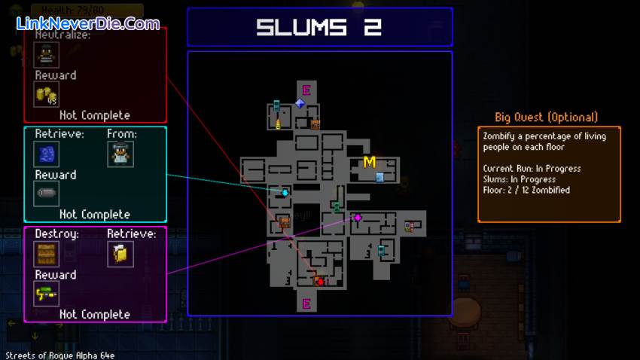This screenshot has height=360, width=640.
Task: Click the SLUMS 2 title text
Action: pyautogui.click(x=319, y=28)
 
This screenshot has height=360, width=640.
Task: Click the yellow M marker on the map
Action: pyautogui.click(x=369, y=162)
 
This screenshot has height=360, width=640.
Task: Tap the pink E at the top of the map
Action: pyautogui.click(x=306, y=90)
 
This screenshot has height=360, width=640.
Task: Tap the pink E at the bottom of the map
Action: pyautogui.click(x=306, y=304)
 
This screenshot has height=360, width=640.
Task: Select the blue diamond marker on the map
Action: pyautogui.click(x=300, y=103)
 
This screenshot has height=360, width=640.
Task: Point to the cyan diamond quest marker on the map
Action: pyautogui.click(x=285, y=193)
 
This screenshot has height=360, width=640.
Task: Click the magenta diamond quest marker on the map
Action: pyautogui.click(x=358, y=218)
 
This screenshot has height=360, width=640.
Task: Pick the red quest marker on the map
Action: pyautogui.click(x=320, y=282)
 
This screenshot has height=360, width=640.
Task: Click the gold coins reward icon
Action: pyautogui.click(x=46, y=94)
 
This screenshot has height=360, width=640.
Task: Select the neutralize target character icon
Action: pyautogui.click(x=46, y=55)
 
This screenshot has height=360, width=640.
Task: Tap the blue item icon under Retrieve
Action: pyautogui.click(x=46, y=154)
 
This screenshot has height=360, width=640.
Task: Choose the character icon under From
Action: pyautogui.click(x=120, y=154)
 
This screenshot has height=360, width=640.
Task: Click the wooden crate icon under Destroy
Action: pyautogui.click(x=46, y=254)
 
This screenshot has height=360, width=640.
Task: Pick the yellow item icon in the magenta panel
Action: pyautogui.click(x=120, y=254)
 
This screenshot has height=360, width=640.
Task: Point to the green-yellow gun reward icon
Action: pyautogui.click(x=46, y=293)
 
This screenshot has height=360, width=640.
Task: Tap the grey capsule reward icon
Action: pyautogui.click(x=46, y=194)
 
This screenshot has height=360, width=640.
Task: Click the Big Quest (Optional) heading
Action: pyautogui.click(x=546, y=117)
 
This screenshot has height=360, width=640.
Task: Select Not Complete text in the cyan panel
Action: pyautogui.click(x=94, y=215)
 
